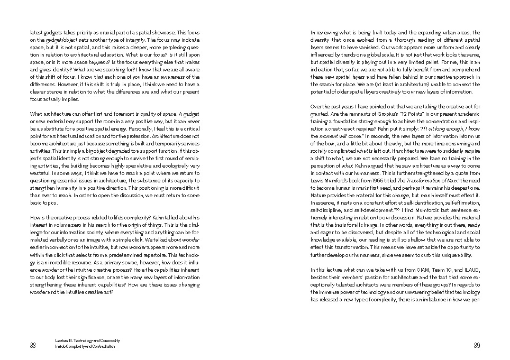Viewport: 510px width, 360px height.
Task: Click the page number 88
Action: click(33, 345)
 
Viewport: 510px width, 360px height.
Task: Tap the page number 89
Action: click(476, 345)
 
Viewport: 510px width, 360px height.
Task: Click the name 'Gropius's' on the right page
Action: click(387, 114)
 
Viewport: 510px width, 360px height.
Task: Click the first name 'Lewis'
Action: click(317, 180)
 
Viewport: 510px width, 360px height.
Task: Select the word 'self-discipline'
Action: click(326, 210)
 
